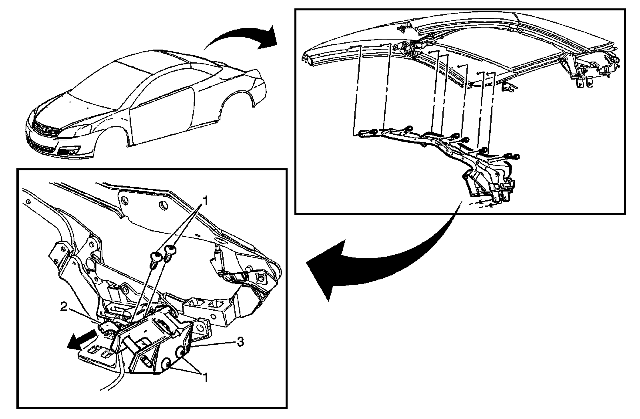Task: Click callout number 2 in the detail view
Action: pos(64,307)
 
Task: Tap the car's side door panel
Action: pos(160,116)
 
